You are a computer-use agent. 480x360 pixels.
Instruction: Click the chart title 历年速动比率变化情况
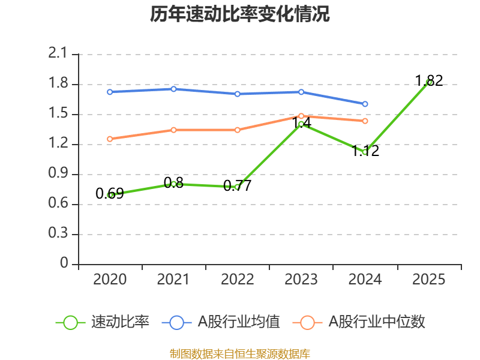tap(240, 14)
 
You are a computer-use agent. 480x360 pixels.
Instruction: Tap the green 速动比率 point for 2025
tap(428, 82)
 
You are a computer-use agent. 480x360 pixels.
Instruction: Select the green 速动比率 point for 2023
tap(301, 124)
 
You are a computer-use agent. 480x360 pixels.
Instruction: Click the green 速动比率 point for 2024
tap(365, 152)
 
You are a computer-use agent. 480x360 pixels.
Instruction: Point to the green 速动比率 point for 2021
tap(173, 184)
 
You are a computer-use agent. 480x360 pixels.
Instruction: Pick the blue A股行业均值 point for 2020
tap(110, 92)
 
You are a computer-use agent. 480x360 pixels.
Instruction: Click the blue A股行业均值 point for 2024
tap(365, 104)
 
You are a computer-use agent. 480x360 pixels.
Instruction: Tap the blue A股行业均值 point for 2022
tap(238, 94)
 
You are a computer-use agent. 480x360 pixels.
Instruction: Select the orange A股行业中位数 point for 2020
tap(110, 139)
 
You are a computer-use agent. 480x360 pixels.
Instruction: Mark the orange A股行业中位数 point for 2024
tap(365, 121)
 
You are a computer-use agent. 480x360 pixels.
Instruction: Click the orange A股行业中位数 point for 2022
tap(238, 130)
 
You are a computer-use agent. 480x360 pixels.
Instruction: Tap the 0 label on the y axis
tap(65, 264)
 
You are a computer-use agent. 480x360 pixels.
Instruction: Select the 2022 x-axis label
tap(238, 280)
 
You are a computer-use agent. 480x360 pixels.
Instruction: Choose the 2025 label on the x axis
tap(428, 280)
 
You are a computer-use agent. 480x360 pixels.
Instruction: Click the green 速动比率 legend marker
tap(70, 322)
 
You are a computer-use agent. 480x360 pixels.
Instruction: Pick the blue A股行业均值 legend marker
tap(176, 322)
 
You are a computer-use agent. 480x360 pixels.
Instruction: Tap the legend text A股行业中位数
tap(377, 322)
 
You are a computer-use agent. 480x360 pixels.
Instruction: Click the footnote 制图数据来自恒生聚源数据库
tap(240, 353)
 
